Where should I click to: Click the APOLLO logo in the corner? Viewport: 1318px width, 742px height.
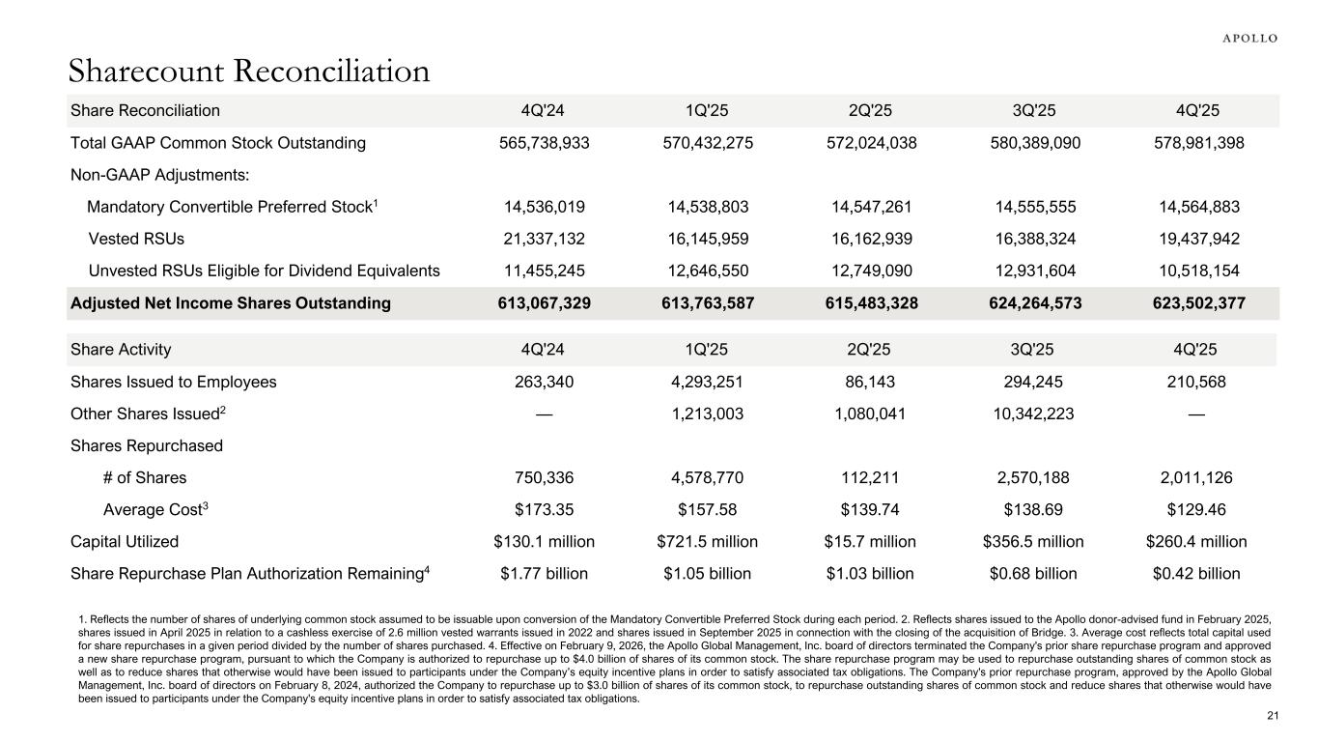[x=1250, y=39]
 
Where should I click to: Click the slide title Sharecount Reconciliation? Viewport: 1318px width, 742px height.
[x=249, y=71]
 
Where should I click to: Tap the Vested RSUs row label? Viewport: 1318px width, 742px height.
[x=136, y=238]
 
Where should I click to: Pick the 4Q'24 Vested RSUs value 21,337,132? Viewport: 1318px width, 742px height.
[x=544, y=238]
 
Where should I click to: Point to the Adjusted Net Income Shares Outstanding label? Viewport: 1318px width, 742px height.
[x=231, y=303]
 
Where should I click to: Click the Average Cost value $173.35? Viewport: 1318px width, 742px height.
[x=544, y=509]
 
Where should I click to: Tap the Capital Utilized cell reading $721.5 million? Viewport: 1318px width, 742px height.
[x=707, y=541]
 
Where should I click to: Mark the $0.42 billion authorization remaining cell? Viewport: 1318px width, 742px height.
[x=1196, y=574]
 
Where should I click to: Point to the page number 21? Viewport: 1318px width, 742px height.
[x=1272, y=715]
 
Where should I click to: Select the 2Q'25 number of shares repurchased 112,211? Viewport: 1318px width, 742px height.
[x=870, y=477]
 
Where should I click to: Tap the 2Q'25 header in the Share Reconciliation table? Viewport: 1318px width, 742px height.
[x=870, y=110]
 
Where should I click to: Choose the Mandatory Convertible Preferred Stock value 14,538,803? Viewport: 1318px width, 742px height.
[x=707, y=207]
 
